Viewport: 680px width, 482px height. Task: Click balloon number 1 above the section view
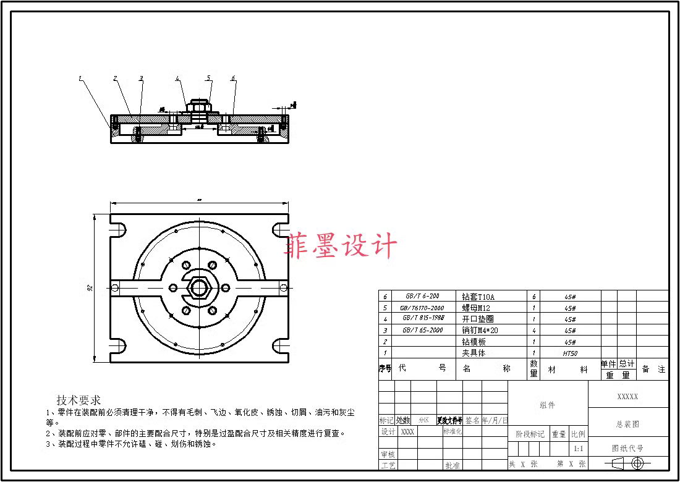click(x=80, y=78)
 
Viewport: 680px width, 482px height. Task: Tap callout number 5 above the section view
click(x=209, y=78)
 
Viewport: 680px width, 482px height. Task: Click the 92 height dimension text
click(x=90, y=287)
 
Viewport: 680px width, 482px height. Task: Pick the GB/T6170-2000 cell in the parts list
click(x=422, y=308)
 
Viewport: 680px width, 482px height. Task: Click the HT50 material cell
click(x=569, y=353)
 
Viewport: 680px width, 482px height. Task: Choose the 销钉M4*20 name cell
click(x=480, y=330)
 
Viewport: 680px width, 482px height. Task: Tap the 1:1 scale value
click(x=579, y=448)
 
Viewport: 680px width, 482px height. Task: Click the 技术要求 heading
click(x=79, y=400)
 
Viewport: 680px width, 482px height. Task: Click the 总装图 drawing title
click(x=627, y=425)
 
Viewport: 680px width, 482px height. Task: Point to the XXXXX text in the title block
click(x=627, y=397)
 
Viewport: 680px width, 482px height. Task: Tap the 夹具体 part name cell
click(x=474, y=353)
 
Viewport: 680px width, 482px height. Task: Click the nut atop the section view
click(x=200, y=105)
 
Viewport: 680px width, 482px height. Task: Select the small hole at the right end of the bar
click(x=283, y=287)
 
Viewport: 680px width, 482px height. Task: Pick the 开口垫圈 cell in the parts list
click(x=478, y=319)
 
